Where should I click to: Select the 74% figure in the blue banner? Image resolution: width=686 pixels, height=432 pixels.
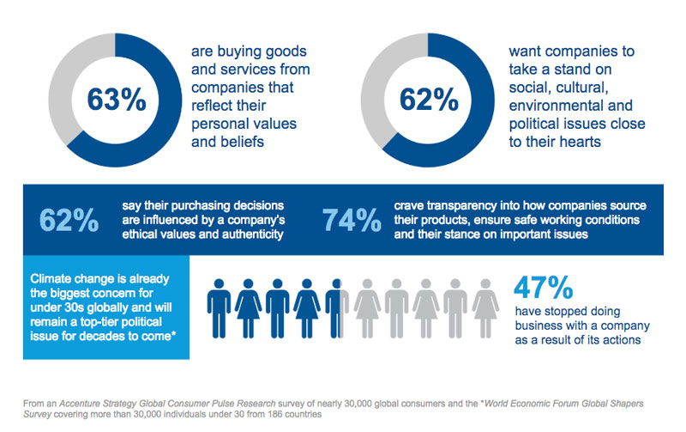coord(352,221)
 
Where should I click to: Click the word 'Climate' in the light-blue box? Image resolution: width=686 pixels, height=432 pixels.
coord(54,279)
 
